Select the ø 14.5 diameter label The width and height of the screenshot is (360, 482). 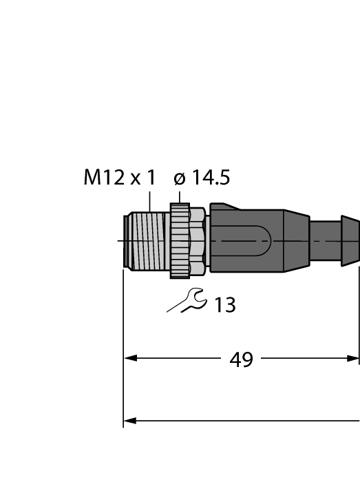point(202,178)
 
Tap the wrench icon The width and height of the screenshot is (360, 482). point(186,302)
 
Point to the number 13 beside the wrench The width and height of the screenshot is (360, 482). point(224,304)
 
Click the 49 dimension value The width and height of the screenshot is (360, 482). point(241,359)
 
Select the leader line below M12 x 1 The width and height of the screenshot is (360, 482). point(150,201)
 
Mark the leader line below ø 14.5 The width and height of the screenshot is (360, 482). point(180,196)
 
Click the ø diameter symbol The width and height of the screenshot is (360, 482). point(180,179)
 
